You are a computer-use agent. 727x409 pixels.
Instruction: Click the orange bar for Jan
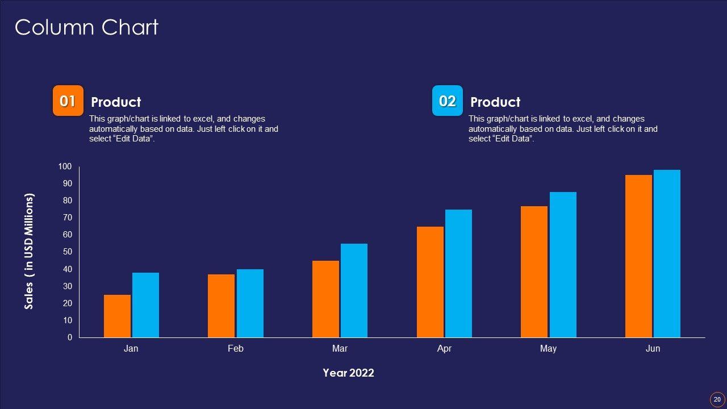[117, 316]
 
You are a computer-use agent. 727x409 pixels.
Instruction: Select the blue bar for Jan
[145, 305]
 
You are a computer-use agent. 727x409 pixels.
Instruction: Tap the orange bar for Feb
[221, 306]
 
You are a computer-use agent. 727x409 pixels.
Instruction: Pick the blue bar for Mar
[354, 290]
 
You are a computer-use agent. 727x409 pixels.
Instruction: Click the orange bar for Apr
[430, 282]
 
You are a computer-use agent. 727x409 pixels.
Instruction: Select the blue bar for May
[563, 265]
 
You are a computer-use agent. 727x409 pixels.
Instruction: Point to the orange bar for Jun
[638, 256]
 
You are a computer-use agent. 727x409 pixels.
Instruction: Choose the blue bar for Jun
[667, 253]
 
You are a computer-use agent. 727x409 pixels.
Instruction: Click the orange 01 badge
[68, 101]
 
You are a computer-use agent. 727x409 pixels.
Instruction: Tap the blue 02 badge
[448, 101]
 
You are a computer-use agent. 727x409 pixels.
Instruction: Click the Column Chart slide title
[86, 27]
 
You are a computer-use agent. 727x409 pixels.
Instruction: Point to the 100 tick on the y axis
[65, 166]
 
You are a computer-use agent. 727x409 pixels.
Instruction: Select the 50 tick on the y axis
[67, 252]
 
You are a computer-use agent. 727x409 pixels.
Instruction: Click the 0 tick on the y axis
[70, 337]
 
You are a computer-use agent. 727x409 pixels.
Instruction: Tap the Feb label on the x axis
[235, 348]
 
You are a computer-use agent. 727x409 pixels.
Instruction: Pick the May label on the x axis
[548, 348]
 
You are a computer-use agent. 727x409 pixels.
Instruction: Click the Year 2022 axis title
[348, 373]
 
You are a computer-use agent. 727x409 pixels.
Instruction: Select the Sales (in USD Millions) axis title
[30, 251]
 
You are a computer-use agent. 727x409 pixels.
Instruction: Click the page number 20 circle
[717, 399]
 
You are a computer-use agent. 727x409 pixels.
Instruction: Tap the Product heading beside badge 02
[495, 102]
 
